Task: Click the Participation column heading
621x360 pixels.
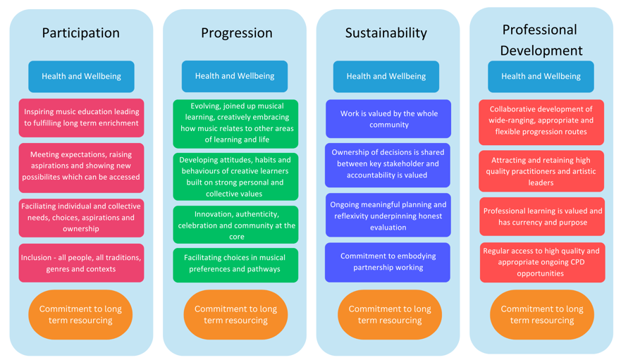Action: [x=81, y=33]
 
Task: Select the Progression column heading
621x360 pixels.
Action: [x=236, y=33]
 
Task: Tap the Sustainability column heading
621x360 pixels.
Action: [x=386, y=33]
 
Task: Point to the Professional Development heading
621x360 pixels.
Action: [x=541, y=40]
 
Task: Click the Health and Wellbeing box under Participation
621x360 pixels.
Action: [x=81, y=76]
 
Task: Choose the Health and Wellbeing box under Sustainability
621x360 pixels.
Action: [x=386, y=76]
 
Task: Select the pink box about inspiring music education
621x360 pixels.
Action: [x=81, y=118]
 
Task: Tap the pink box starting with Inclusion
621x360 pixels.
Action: [x=81, y=263]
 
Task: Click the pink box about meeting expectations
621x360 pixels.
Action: [x=81, y=168]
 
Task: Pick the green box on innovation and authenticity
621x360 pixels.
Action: [x=235, y=225]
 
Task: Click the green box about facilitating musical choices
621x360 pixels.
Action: [x=235, y=265]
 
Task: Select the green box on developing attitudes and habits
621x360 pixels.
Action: [x=235, y=177]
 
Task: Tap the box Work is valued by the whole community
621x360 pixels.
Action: [x=388, y=119]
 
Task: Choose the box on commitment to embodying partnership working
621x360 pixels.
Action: [x=388, y=262]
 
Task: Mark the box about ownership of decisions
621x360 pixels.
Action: [x=388, y=165]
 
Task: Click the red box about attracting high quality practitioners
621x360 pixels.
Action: [x=541, y=171]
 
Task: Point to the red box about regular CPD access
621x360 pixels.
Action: [x=543, y=262]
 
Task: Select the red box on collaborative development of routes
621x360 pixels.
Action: [x=541, y=122]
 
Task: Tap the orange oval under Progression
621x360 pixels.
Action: [x=235, y=314]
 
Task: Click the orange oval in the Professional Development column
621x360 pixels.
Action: [x=542, y=314]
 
